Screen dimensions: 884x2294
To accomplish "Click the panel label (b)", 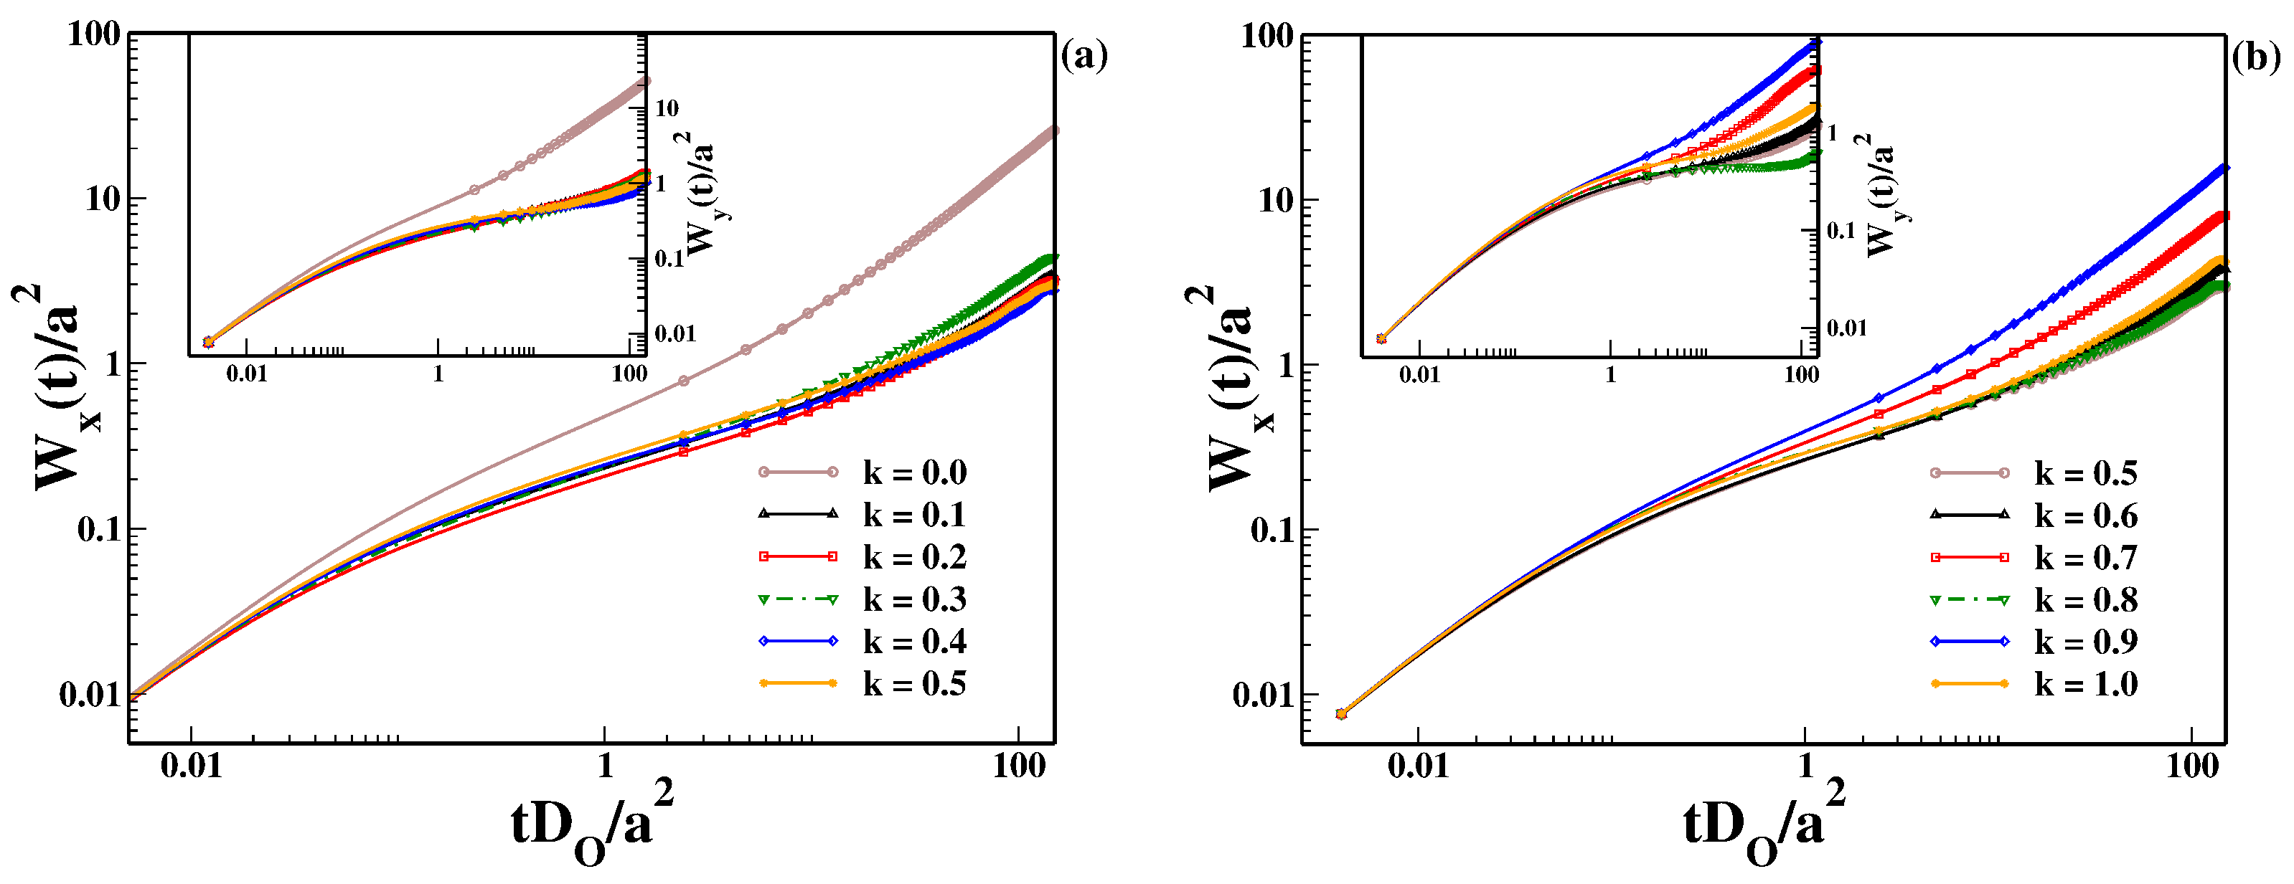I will tap(2257, 58).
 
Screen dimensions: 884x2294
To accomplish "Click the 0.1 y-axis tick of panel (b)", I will tap(1271, 531).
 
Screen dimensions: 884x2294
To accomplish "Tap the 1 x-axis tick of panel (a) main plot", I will tap(605, 765).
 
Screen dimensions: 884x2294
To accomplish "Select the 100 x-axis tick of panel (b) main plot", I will tap(2191, 766).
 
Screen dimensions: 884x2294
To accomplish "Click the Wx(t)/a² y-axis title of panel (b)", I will tap(1230, 387).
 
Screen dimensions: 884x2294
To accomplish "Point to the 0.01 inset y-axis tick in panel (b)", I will tap(1846, 328).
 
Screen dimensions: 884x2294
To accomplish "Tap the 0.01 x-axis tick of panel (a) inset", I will tap(247, 373).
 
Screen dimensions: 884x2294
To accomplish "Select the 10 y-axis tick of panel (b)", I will tap(1275, 200).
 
